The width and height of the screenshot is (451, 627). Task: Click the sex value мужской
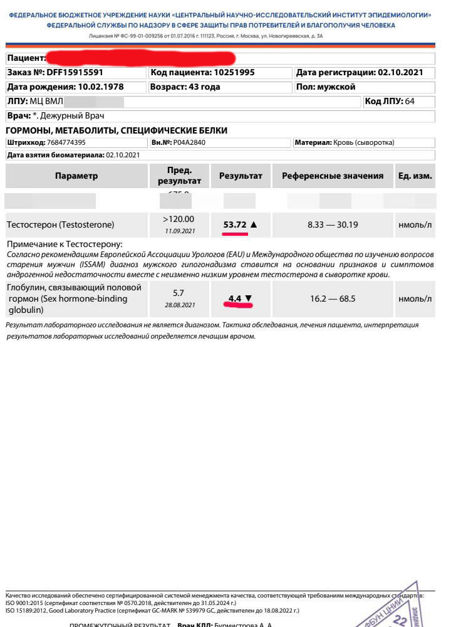coord(336,87)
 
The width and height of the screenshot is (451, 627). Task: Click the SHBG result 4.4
coord(235,298)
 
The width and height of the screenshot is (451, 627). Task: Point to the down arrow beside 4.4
coord(248,298)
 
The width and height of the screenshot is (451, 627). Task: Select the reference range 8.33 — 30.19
coord(333,224)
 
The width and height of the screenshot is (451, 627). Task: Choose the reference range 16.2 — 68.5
coord(333,298)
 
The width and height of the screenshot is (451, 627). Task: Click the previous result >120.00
coord(179,219)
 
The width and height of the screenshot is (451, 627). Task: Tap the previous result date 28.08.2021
coord(179,305)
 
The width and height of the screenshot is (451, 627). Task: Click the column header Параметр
coord(76,176)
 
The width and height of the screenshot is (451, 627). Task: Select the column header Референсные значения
coord(333,176)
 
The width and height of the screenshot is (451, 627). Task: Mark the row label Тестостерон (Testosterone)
coord(60,224)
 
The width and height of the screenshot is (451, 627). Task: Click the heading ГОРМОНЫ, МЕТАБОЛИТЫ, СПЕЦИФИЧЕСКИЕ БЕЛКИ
coord(116,130)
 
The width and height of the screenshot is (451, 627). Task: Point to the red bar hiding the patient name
coord(141,58)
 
